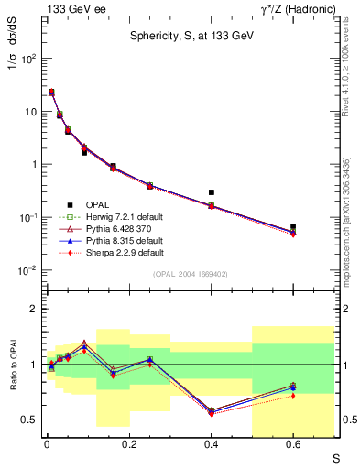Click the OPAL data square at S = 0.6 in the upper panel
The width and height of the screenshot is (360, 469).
(293, 226)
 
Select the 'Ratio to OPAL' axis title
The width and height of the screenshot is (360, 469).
(12, 366)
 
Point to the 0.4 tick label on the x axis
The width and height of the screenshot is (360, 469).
(211, 442)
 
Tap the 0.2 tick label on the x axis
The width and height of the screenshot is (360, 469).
(128, 442)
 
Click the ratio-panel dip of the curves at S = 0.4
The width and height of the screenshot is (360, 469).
(212, 411)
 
